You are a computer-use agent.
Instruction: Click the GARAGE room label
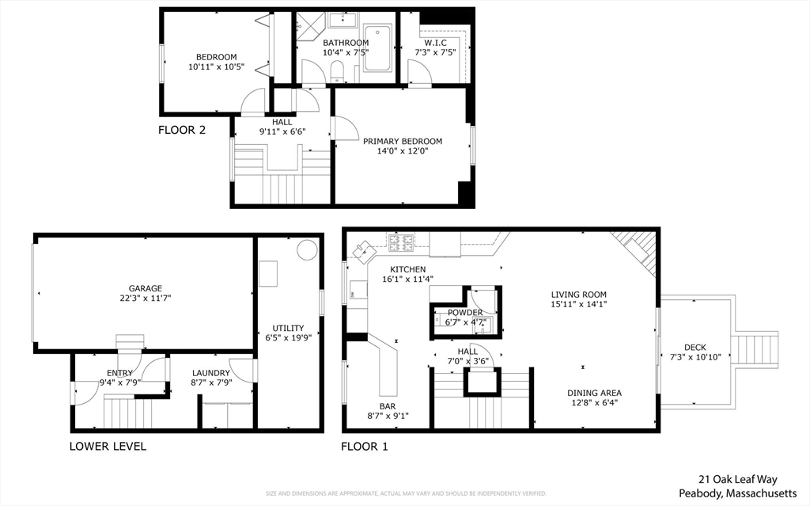146,288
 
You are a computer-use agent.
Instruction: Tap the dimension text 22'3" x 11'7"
146,299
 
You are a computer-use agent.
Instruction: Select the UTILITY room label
288,327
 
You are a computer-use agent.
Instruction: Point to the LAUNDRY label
211,373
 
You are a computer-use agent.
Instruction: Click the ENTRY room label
119,373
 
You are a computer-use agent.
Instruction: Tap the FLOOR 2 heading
182,130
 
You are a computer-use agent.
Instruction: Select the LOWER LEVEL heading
108,446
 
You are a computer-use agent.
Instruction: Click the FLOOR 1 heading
365,446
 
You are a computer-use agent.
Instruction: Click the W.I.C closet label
436,43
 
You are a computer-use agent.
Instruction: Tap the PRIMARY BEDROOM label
402,141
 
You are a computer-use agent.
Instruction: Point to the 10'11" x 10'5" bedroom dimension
216,67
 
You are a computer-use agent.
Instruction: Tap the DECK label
695,347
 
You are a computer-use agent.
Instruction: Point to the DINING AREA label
593,392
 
